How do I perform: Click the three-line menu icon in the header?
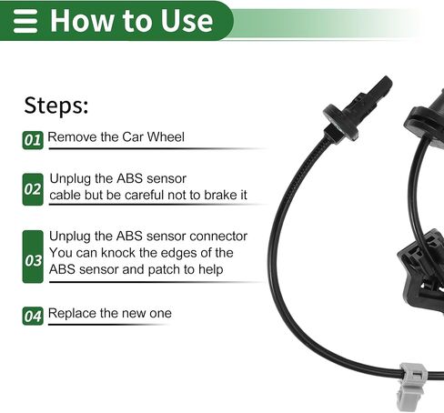coord(25,21)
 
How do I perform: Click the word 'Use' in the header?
coord(187,21)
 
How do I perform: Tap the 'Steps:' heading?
coord(56,106)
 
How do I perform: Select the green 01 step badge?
coord(33,140)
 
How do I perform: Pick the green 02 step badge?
coord(33,189)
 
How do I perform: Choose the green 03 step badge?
coord(33,257)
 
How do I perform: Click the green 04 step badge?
coord(33,316)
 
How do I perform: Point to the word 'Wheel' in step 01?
coord(166,136)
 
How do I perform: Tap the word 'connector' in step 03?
coord(218,237)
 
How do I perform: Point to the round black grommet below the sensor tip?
coord(340,122)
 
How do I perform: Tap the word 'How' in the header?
coord(80,21)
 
